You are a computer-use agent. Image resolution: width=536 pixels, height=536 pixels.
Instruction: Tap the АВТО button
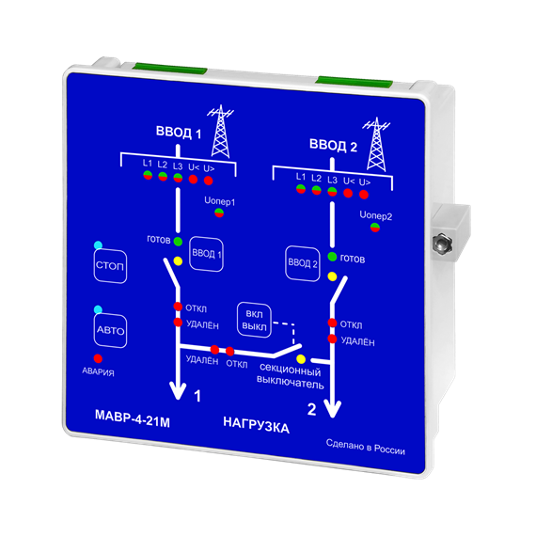110,331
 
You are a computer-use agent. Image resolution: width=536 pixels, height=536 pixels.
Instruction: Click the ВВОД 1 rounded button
207,254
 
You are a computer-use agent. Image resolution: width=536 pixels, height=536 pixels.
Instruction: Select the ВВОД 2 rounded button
303,263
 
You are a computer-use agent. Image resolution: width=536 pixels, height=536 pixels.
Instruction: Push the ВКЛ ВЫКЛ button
254,320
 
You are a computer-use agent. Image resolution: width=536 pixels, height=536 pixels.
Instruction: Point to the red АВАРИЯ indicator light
98,358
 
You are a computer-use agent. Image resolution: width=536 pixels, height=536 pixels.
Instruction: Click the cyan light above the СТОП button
98,245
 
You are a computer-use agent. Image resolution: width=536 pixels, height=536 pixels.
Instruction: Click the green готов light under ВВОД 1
178,242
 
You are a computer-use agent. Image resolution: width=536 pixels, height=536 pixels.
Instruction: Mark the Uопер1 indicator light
219,213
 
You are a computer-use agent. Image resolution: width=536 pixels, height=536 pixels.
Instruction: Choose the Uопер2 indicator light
375,228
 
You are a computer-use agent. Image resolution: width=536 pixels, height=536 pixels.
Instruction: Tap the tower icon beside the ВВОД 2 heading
376,144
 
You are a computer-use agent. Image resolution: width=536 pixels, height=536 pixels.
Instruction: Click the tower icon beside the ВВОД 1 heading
220,132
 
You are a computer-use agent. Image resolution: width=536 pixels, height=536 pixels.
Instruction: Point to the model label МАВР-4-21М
133,418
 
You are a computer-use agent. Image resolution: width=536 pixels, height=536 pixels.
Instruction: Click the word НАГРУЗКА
257,425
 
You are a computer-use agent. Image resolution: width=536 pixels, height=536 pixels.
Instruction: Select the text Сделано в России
366,447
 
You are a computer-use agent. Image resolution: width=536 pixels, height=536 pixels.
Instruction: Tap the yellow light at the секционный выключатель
301,359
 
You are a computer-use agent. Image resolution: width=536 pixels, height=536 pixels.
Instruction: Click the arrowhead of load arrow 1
178,391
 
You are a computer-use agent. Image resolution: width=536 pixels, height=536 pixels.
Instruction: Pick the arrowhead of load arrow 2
332,409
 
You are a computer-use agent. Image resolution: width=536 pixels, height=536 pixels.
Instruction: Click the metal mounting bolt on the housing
442,243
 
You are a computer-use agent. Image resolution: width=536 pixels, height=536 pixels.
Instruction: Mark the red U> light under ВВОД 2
364,195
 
